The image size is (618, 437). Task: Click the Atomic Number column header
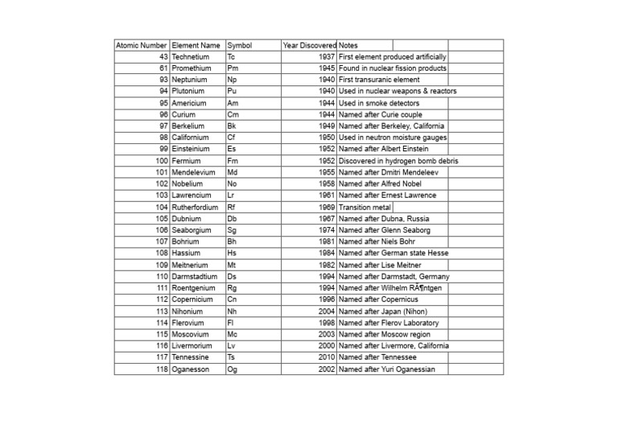click(142, 46)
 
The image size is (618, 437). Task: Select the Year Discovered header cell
click(309, 46)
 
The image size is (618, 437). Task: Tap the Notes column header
click(349, 46)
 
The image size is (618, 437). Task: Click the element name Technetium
click(191, 57)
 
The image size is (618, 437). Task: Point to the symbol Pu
click(232, 92)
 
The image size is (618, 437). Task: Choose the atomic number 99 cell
click(163, 150)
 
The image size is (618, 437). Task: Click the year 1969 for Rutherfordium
click(327, 208)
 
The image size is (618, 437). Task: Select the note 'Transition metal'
click(365, 208)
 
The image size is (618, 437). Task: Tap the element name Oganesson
click(191, 369)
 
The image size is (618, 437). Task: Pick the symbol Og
click(233, 369)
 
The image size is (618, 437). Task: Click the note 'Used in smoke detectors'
click(378, 103)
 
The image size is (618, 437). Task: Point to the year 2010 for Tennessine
click(327, 357)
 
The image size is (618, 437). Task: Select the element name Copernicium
click(192, 300)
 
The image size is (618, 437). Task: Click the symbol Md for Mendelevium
click(233, 173)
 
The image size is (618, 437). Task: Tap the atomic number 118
click(162, 369)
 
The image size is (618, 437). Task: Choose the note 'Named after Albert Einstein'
click(384, 150)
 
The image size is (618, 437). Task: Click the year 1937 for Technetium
click(327, 57)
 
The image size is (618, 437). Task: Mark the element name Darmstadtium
click(194, 277)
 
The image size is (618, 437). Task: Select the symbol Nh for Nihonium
click(233, 311)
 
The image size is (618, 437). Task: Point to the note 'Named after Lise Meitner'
click(381, 266)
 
